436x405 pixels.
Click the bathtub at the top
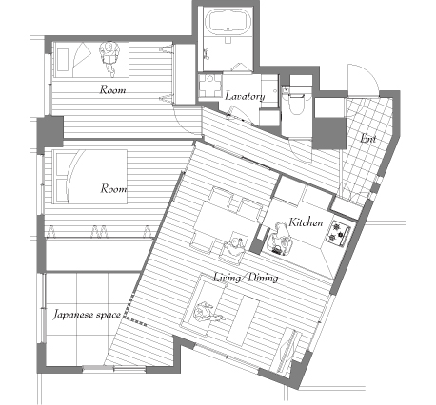(228, 22)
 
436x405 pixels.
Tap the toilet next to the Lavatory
(295, 102)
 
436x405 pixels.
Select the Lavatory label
(245, 96)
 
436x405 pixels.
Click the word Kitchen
(306, 222)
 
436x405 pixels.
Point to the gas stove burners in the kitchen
(338, 233)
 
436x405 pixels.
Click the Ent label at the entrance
(368, 139)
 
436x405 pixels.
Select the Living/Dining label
(246, 278)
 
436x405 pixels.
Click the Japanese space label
(87, 315)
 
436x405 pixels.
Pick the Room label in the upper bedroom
(112, 89)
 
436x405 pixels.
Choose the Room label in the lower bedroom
(113, 188)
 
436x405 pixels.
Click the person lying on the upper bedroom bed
(110, 58)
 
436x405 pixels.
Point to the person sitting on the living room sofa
(208, 313)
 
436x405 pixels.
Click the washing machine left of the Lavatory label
(209, 85)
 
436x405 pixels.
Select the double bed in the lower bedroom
(90, 177)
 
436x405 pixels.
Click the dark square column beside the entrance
(329, 133)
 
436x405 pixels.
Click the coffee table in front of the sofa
(243, 320)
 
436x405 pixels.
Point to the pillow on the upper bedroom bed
(63, 59)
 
